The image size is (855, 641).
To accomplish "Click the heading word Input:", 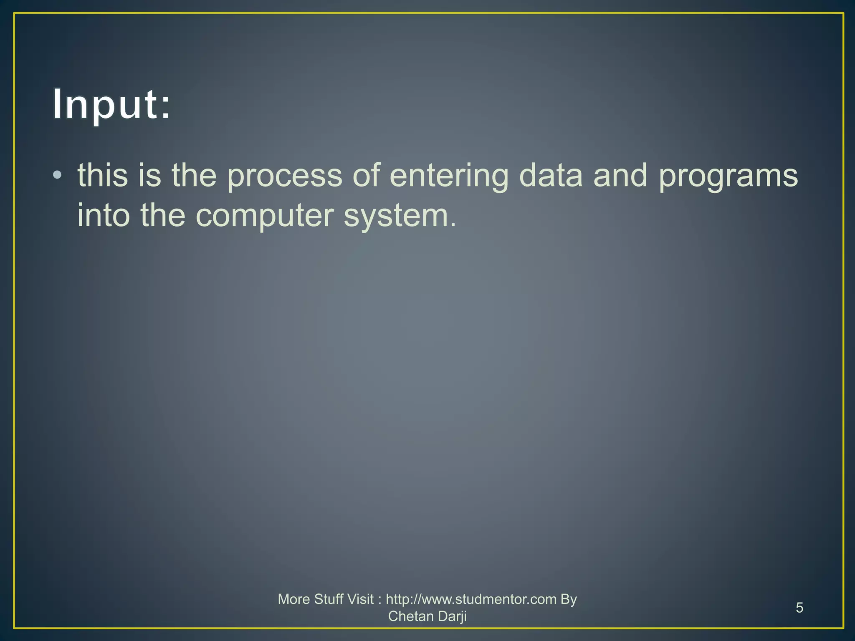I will coord(112,104).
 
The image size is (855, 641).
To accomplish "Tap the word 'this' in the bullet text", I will coord(103,175).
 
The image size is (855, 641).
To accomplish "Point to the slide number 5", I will coord(799,608).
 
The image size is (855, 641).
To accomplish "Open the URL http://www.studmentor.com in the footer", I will coord(471,599).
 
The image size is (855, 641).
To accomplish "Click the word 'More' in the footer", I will coord(293,599).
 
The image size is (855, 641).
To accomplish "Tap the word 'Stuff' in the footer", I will coord(329,599).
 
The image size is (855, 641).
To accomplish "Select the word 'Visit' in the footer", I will coord(360,599).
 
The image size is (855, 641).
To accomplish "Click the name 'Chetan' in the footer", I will coord(411,616).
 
